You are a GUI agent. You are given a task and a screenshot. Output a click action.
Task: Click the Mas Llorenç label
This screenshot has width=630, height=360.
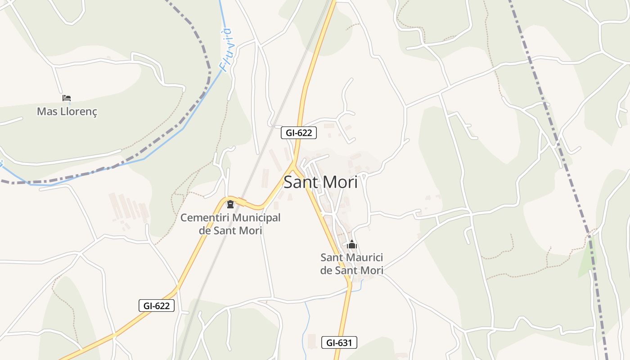point(67,111)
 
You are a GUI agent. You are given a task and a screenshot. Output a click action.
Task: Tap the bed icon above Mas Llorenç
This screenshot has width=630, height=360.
point(67,98)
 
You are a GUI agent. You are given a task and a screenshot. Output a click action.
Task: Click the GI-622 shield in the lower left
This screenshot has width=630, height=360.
point(156,306)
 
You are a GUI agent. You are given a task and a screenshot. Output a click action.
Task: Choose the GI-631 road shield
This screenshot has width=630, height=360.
point(339,342)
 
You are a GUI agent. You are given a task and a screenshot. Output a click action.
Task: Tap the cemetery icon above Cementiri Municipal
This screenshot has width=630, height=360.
point(230,205)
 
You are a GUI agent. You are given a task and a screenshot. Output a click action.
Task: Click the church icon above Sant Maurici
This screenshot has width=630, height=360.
point(352,245)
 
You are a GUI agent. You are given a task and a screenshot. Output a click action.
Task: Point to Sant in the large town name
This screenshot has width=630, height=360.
point(299,182)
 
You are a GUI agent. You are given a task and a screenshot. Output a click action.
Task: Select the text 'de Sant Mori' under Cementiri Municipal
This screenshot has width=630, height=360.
point(230,230)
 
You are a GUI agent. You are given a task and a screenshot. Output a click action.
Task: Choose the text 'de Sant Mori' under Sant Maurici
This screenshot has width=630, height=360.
point(351,270)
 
